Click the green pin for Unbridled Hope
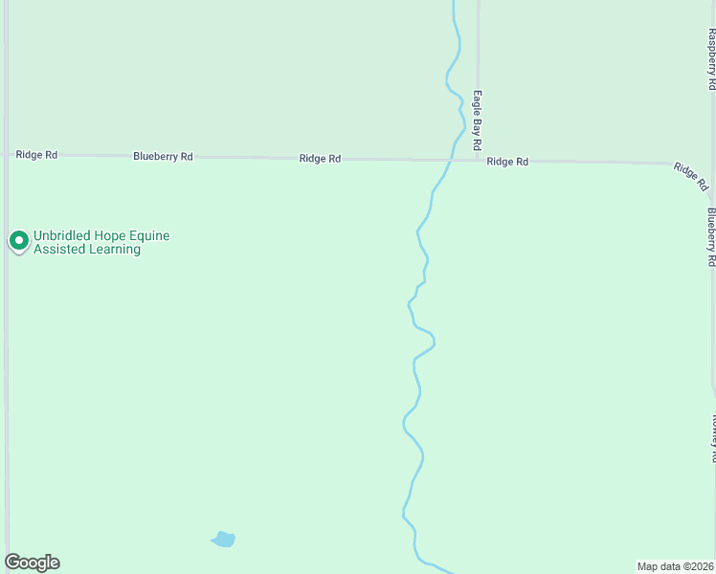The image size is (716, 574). tap(18, 240)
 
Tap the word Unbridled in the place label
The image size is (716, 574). tap(60, 235)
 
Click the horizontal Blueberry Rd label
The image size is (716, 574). tap(163, 156)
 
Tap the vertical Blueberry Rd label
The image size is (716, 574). tap(711, 236)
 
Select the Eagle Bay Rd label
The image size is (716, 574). tap(476, 121)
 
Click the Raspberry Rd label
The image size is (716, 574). tap(711, 58)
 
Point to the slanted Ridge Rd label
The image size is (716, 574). tap(690, 176)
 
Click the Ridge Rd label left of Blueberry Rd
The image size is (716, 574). tap(36, 154)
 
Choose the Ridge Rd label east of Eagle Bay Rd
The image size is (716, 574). tap(507, 162)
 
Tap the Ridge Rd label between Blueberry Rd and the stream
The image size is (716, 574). tap(320, 159)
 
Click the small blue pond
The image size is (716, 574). tap(223, 540)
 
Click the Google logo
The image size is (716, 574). tap(32, 563)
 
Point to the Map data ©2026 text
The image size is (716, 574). tap(675, 566)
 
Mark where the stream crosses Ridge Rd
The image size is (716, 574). tap(451, 160)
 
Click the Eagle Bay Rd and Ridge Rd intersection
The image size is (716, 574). tap(479, 160)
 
